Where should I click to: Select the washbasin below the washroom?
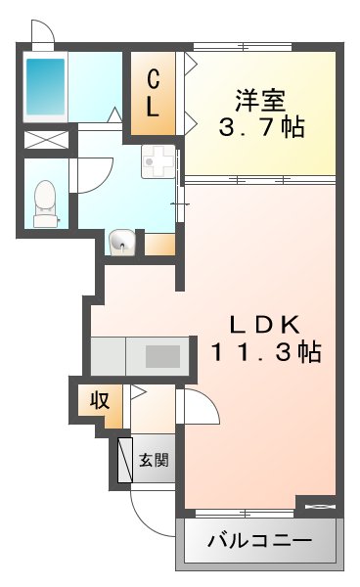tap(122, 241)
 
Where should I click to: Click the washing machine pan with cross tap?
tap(157, 161)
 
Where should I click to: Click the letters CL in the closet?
tap(154, 93)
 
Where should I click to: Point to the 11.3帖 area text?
tap(264, 353)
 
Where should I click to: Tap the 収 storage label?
tap(101, 399)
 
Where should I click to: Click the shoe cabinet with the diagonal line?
tap(125, 459)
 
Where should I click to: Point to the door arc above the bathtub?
tap(42, 33)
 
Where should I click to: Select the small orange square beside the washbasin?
tap(160, 243)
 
